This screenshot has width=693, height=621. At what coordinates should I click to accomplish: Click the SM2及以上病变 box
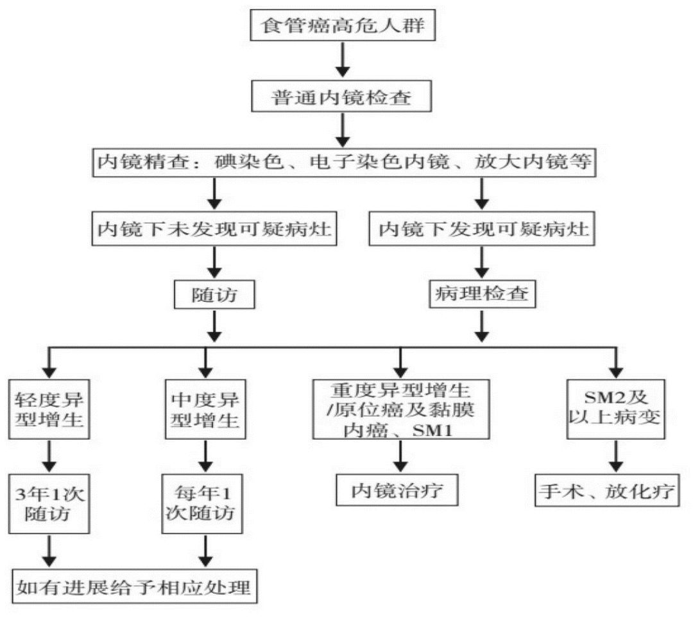pyautogui.click(x=614, y=408)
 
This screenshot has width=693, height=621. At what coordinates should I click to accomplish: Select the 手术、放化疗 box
pyautogui.click(x=606, y=491)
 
